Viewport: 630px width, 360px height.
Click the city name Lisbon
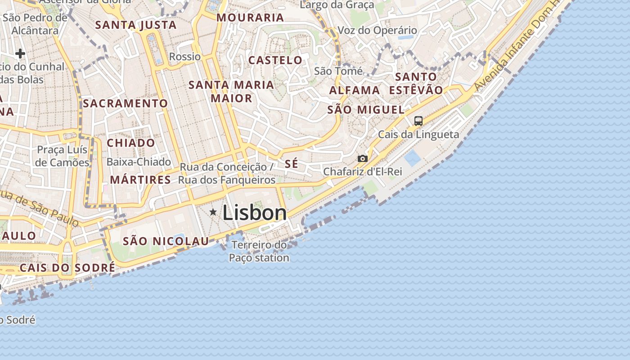[254, 213]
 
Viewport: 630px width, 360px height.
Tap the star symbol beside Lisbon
[213, 211]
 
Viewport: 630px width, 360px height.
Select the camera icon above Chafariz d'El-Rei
[362, 158]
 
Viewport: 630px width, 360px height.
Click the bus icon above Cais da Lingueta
[418, 121]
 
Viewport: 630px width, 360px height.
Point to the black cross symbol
[20, 54]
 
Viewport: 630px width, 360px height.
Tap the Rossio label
[184, 57]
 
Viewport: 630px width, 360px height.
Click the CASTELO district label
[275, 60]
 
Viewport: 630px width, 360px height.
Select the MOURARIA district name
[250, 18]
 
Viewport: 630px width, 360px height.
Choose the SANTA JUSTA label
[136, 25]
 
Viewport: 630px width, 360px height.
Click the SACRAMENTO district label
[125, 103]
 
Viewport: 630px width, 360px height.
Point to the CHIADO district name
[131, 143]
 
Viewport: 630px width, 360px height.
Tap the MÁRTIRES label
[140, 180]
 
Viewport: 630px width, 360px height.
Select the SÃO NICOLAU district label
[166, 241]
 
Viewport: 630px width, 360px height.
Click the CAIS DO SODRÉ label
[67, 268]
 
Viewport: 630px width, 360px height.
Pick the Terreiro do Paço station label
[259, 252]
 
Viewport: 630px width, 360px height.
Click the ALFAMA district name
[355, 90]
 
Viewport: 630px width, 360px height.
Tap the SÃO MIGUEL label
[366, 110]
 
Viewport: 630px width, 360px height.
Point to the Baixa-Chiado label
[139, 162]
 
